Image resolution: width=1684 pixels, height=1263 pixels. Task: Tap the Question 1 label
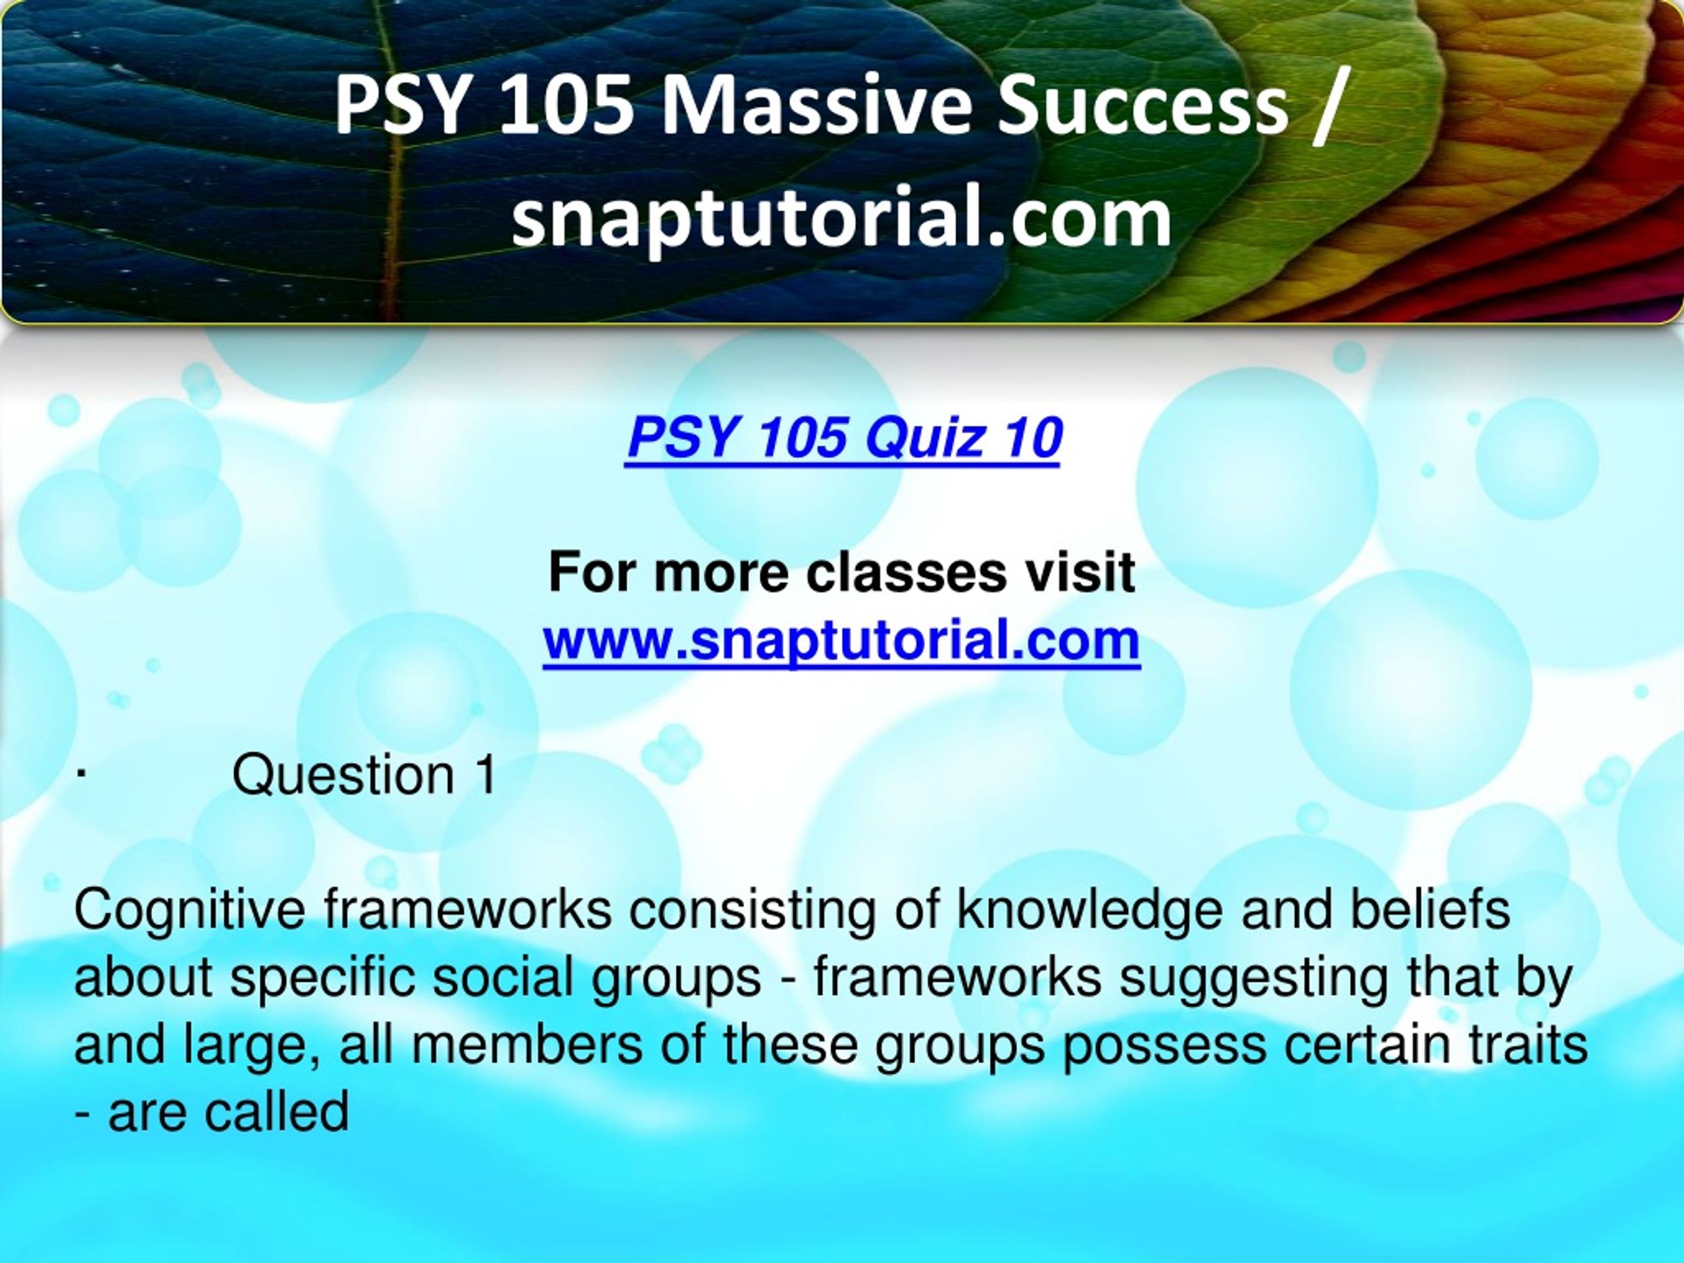(x=364, y=774)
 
